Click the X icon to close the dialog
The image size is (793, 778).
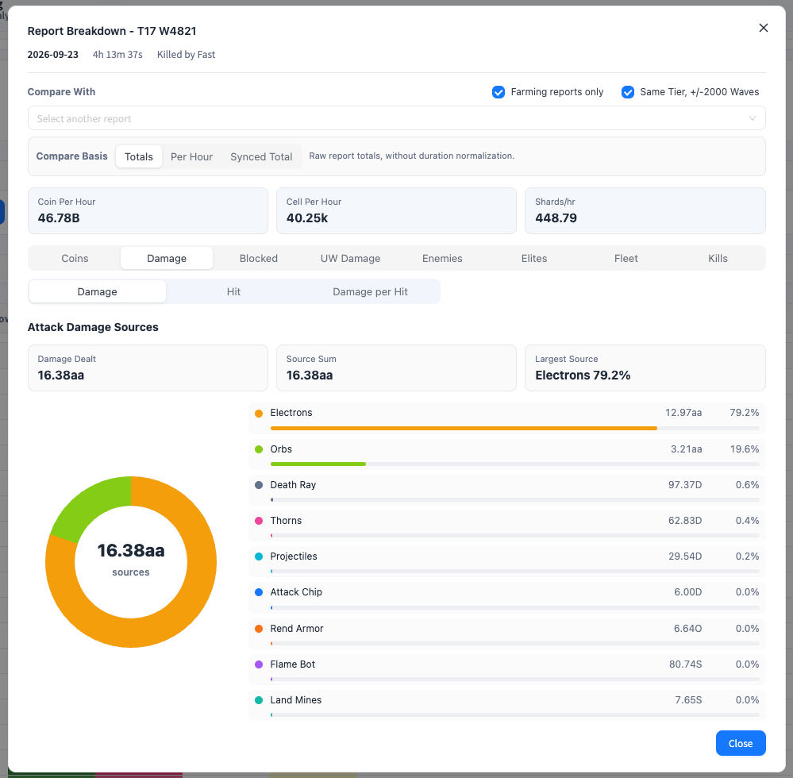pyautogui.click(x=763, y=28)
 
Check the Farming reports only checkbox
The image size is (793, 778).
pyautogui.click(x=499, y=92)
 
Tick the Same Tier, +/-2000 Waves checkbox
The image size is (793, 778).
pyautogui.click(x=628, y=92)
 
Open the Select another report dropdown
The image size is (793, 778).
pyautogui.click(x=397, y=118)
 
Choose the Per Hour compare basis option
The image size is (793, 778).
pyautogui.click(x=191, y=157)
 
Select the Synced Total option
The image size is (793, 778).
pyautogui.click(x=261, y=157)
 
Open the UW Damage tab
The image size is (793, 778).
pyautogui.click(x=351, y=259)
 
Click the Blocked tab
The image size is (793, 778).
pyautogui.click(x=259, y=259)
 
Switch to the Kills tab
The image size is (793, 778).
pyautogui.click(x=718, y=259)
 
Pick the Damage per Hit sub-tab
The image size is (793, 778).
pyautogui.click(x=370, y=292)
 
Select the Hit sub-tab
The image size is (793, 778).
pyautogui.click(x=233, y=292)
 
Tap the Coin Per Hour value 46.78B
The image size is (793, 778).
pyautogui.click(x=59, y=218)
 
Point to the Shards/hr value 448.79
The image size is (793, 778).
pyautogui.click(x=556, y=218)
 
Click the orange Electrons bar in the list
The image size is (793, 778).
pyautogui.click(x=464, y=429)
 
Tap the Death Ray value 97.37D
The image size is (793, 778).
pyautogui.click(x=685, y=485)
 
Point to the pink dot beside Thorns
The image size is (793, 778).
pyautogui.click(x=259, y=521)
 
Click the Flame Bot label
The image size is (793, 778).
pyautogui.click(x=292, y=664)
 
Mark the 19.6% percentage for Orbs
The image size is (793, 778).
pyautogui.click(x=745, y=449)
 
